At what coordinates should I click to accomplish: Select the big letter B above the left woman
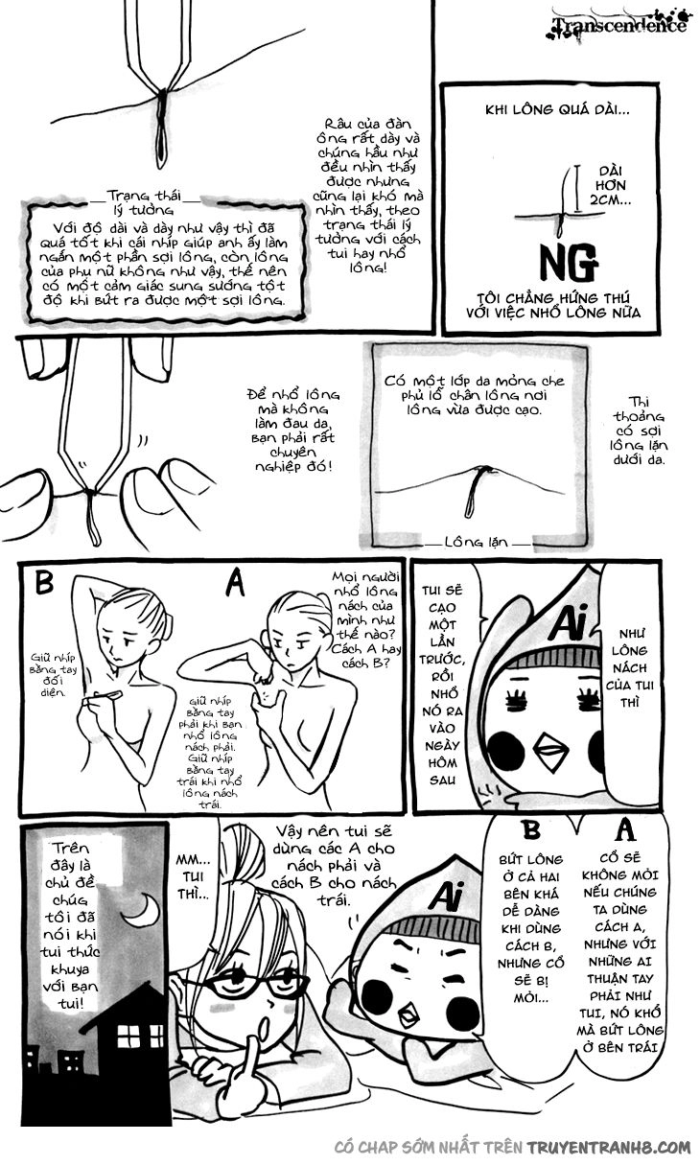[44, 581]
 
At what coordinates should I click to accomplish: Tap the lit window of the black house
[128, 1033]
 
